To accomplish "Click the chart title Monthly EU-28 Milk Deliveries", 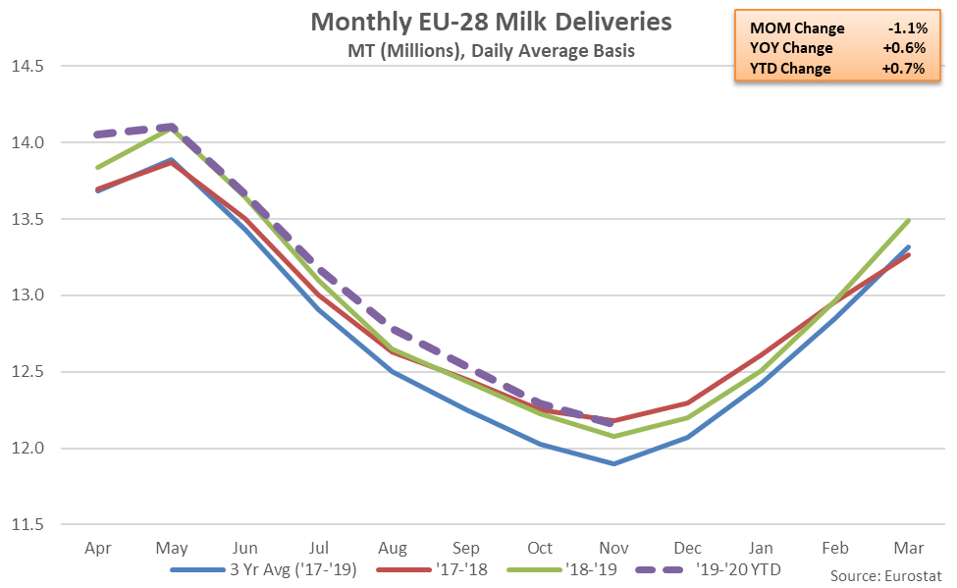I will tap(478, 22).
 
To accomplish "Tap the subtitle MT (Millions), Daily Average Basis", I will tap(478, 50).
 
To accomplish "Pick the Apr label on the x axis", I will tap(97, 548).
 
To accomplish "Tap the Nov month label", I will tap(614, 548).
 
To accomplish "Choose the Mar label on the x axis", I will tap(910, 548).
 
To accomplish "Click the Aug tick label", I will tap(393, 548).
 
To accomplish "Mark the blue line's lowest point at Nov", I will tap(614, 463).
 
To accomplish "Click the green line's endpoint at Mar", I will tap(910, 221).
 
